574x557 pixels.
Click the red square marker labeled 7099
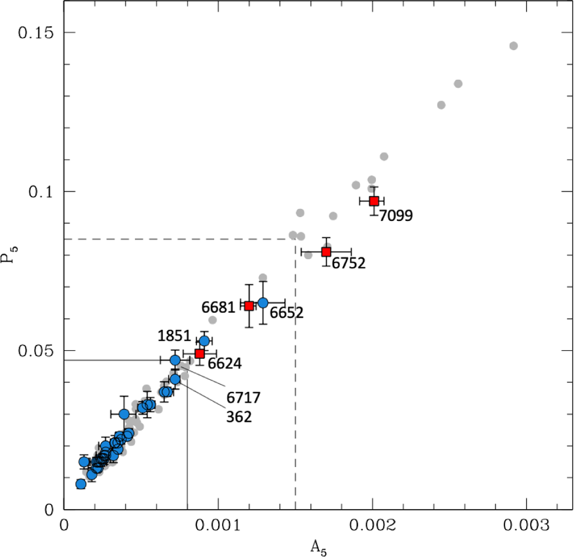[x=374, y=201]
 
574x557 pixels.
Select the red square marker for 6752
[x=326, y=252]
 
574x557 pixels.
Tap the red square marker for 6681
[x=249, y=306]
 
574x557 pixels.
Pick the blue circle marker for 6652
[x=263, y=302]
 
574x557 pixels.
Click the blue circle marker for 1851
[x=204, y=341]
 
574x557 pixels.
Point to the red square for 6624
[x=200, y=354]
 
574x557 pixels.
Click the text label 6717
[x=243, y=397]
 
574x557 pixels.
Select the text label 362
[x=239, y=416]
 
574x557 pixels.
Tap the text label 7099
[x=396, y=216]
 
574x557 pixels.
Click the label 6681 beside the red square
[x=218, y=307]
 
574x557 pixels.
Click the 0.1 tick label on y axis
[x=40, y=191]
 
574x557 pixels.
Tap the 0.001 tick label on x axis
[x=218, y=526]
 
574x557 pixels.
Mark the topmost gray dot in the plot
[x=513, y=46]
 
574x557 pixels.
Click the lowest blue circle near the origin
[x=81, y=484]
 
